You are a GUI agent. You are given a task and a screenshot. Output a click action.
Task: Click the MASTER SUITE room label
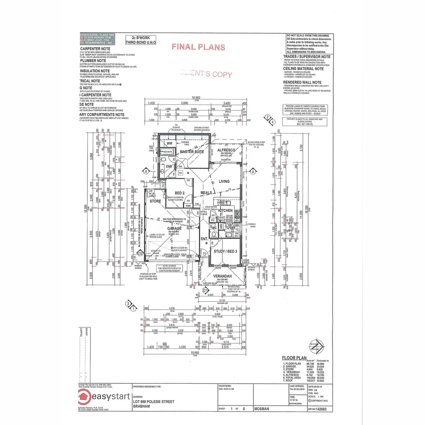click(x=192, y=152)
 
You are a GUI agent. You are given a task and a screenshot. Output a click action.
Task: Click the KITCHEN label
click(x=225, y=211)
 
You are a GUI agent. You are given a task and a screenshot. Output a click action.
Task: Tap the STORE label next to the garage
click(x=155, y=201)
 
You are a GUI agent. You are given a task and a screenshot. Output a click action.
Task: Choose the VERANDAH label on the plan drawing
click(x=223, y=276)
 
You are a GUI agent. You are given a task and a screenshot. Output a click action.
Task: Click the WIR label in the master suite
click(x=170, y=144)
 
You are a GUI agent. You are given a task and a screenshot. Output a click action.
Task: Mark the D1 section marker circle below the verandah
click(x=205, y=290)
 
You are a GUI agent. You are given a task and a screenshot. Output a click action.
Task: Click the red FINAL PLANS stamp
click(x=198, y=47)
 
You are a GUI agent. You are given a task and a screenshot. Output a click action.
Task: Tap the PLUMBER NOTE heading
click(x=93, y=61)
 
